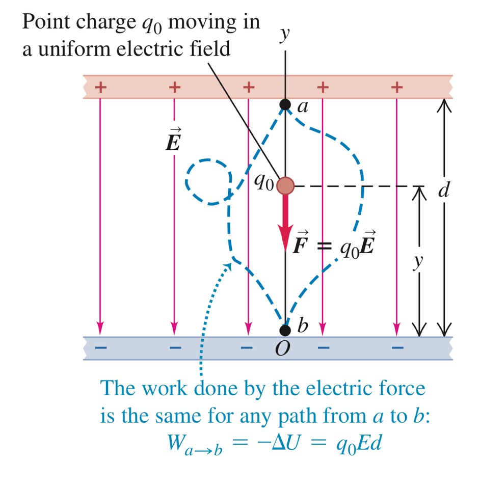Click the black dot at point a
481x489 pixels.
click(285, 105)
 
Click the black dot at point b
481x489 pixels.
click(285, 330)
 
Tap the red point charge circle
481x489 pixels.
click(285, 186)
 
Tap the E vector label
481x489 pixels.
click(173, 143)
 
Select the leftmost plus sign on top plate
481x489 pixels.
click(100, 87)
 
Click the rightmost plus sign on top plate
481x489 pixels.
click(397, 87)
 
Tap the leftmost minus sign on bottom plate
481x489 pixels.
click(100, 348)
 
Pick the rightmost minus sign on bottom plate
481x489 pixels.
click(397, 348)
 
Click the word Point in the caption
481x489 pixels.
click(47, 23)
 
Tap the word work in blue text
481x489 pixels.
click(164, 389)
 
